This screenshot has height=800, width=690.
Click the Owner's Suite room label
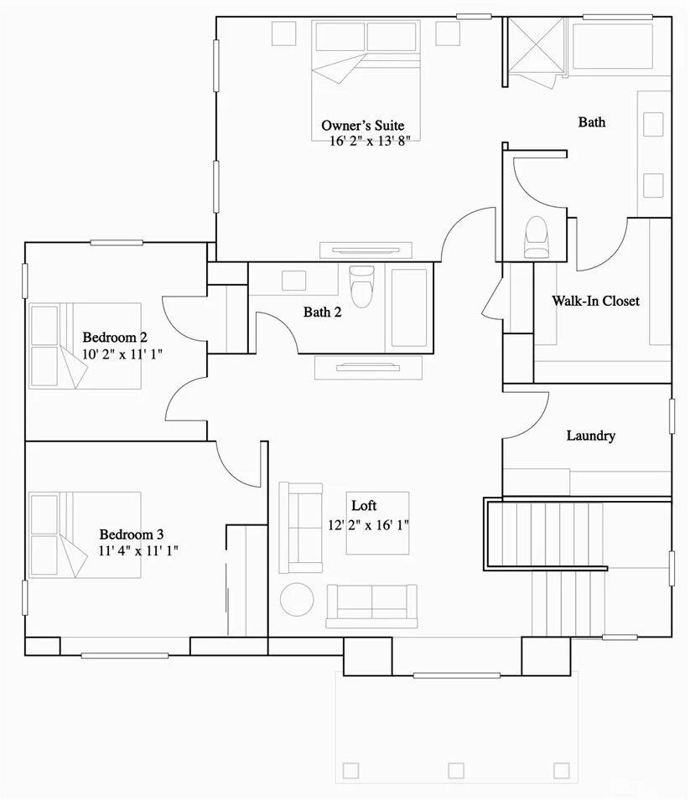click(363, 126)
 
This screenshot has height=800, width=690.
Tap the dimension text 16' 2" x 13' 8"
click(370, 141)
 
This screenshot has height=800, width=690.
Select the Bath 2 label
click(322, 312)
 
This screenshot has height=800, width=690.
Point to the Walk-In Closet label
click(595, 301)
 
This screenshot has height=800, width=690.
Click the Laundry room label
click(591, 436)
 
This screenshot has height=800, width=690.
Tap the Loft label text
click(364, 505)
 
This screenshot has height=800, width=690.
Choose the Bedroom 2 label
click(115, 338)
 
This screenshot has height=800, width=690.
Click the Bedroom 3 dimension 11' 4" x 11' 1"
click(138, 550)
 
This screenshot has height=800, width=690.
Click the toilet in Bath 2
click(362, 286)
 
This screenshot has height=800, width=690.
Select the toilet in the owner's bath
click(536, 237)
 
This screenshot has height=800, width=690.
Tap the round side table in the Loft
click(297, 600)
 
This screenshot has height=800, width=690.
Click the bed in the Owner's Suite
click(366, 80)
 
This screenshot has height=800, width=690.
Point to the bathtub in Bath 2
click(409, 307)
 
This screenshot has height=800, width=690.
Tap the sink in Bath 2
click(293, 281)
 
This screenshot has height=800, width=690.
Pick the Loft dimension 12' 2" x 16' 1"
click(368, 524)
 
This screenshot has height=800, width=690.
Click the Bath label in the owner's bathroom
click(592, 122)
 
